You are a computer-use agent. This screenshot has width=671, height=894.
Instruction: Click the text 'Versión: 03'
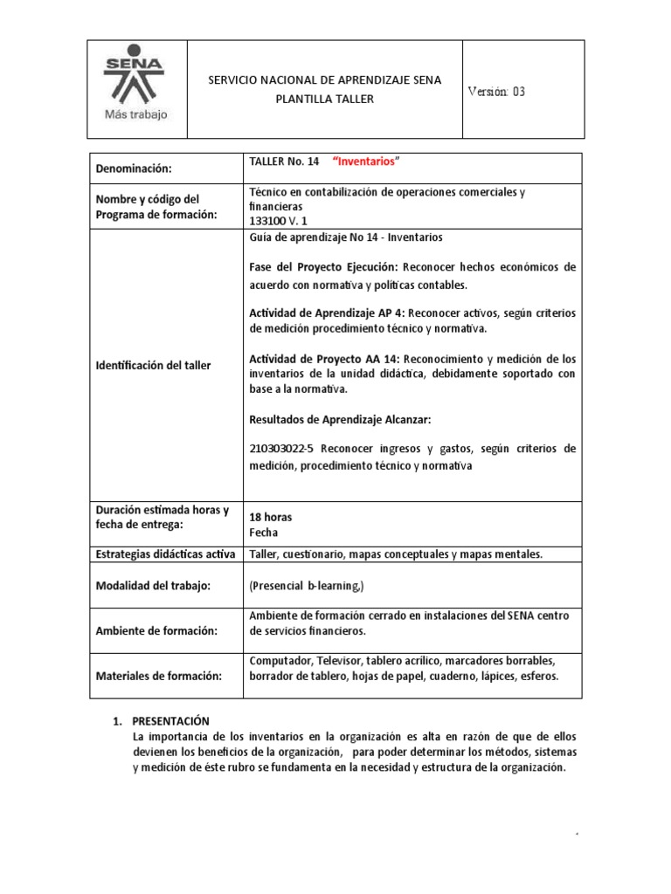496,92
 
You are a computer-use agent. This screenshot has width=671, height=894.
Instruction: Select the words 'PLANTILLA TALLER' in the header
324,99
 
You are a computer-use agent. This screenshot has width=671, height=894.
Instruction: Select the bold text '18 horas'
271,517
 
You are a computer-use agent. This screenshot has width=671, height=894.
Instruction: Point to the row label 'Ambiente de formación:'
152,630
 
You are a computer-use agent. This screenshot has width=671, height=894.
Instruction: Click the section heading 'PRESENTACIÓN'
171,720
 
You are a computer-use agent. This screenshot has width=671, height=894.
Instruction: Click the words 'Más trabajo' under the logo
135,114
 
